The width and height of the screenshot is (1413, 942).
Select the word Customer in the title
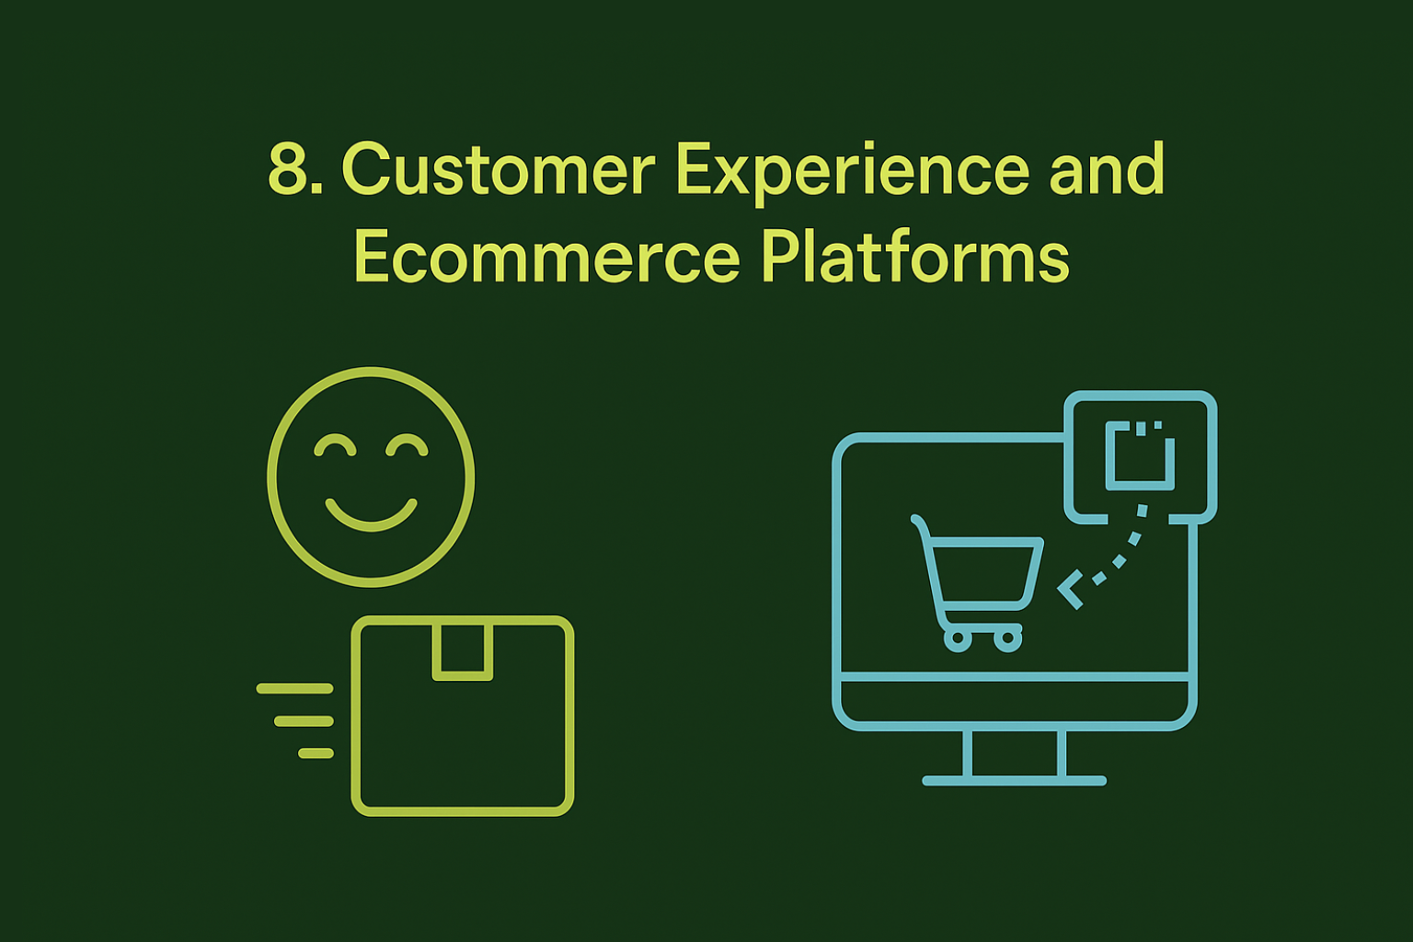(x=498, y=169)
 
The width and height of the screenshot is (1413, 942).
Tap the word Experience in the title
(x=852, y=171)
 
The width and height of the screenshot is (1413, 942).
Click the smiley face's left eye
(x=335, y=446)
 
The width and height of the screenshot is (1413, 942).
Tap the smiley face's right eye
(x=407, y=446)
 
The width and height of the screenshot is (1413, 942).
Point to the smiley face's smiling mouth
(x=371, y=516)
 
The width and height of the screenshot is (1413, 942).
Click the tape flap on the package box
(x=463, y=650)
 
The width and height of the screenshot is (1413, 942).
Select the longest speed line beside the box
(x=294, y=688)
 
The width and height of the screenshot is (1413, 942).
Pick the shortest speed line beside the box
(x=316, y=753)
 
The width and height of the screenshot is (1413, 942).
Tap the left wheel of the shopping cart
(x=958, y=638)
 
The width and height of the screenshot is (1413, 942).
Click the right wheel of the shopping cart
(x=1008, y=638)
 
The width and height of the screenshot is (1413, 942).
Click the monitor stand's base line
(x=1014, y=781)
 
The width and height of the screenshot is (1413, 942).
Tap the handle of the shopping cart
(x=918, y=523)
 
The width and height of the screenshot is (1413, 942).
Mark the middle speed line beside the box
(x=304, y=721)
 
